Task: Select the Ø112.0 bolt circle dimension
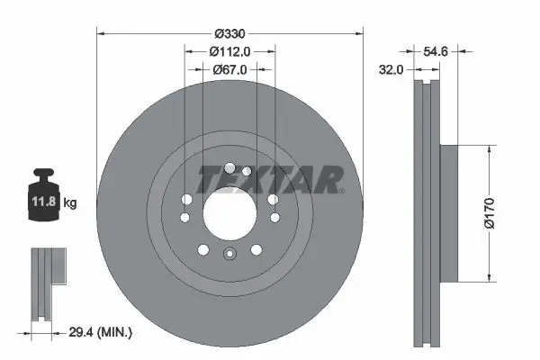tap(229, 51)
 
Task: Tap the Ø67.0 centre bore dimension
tap(229, 68)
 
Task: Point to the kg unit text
tap(69, 203)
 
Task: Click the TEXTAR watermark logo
tap(269, 180)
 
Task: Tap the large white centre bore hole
tap(229, 212)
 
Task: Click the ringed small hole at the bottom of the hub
tap(229, 254)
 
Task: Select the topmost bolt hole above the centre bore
tap(230, 168)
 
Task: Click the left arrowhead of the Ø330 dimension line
tap(100, 33)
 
